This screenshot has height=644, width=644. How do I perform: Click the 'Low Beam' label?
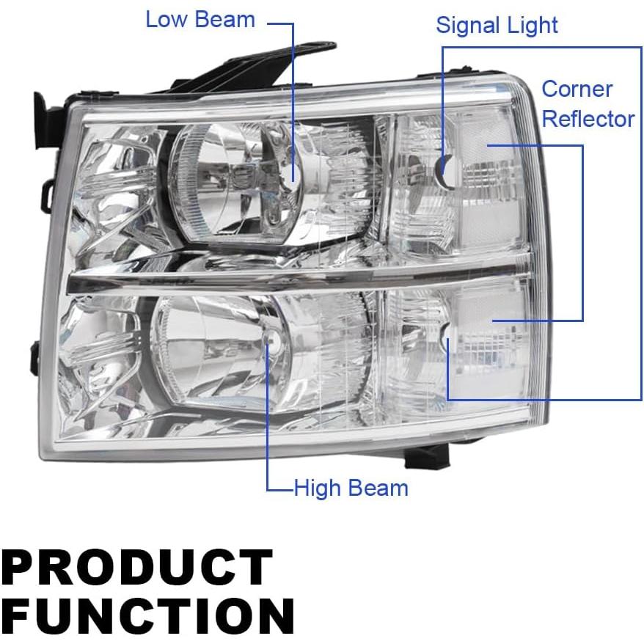pyautogui.click(x=200, y=19)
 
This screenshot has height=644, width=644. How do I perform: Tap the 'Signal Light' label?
pyautogui.click(x=497, y=26)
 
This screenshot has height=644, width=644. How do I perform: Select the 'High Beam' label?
pyautogui.click(x=351, y=488)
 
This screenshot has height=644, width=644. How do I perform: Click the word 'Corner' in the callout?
pyautogui.click(x=577, y=89)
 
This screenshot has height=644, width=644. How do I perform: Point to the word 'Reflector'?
pyautogui.click(x=588, y=119)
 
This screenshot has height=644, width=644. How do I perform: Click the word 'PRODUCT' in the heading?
pyautogui.click(x=136, y=567)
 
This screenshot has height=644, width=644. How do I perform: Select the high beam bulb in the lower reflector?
pyautogui.click(x=272, y=340)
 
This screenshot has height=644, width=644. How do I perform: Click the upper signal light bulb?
pyautogui.click(x=448, y=171)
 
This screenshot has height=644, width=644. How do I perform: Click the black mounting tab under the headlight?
pyautogui.click(x=427, y=458)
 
